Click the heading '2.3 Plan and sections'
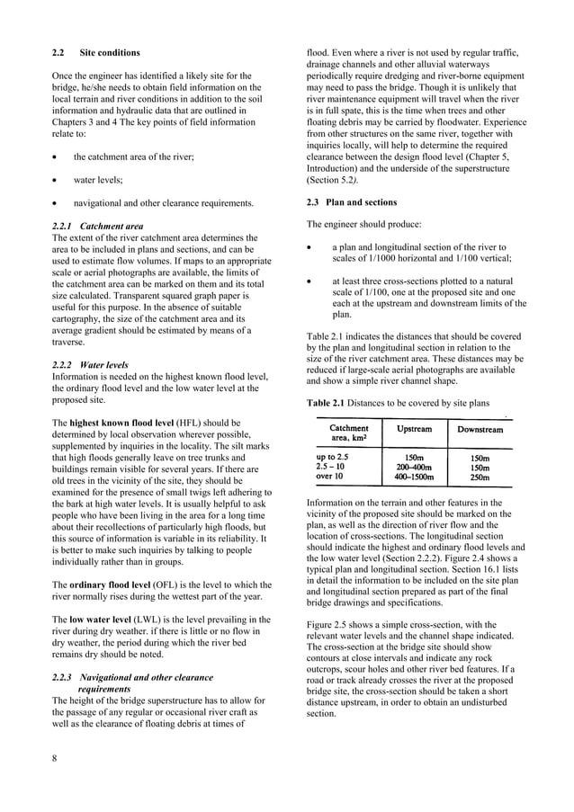click(352, 202)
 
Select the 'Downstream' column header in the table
click(480, 430)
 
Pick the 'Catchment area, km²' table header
click(349, 434)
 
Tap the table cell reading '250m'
click(480, 477)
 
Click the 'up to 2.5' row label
click(337, 457)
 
